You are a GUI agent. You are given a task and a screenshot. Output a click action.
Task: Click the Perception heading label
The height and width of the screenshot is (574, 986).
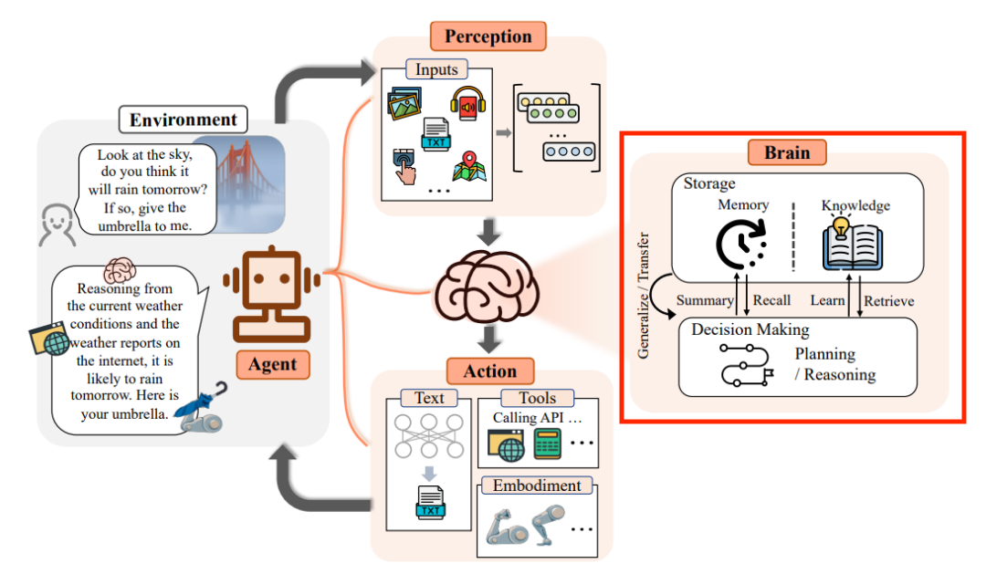(x=488, y=37)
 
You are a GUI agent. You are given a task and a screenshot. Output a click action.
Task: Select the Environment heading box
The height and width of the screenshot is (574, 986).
(x=183, y=120)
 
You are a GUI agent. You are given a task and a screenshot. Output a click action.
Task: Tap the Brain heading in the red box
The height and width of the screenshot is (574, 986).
(x=786, y=152)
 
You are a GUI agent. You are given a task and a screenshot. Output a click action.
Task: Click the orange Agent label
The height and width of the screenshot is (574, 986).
(x=273, y=364)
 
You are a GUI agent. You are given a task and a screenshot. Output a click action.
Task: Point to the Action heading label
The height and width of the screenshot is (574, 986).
(x=490, y=371)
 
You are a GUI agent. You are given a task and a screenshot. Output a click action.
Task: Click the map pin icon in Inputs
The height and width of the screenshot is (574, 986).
(x=467, y=166)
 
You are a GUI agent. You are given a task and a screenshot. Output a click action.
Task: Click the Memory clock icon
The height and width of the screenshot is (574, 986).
(x=742, y=243)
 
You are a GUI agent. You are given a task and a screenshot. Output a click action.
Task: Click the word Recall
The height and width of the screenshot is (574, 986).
(x=771, y=300)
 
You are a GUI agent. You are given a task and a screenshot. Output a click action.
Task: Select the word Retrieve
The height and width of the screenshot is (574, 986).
(x=888, y=300)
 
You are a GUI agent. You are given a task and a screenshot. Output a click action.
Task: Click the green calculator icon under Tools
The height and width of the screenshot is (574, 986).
(x=548, y=445)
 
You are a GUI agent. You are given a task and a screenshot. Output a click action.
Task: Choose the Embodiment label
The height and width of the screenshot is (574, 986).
(x=537, y=485)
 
